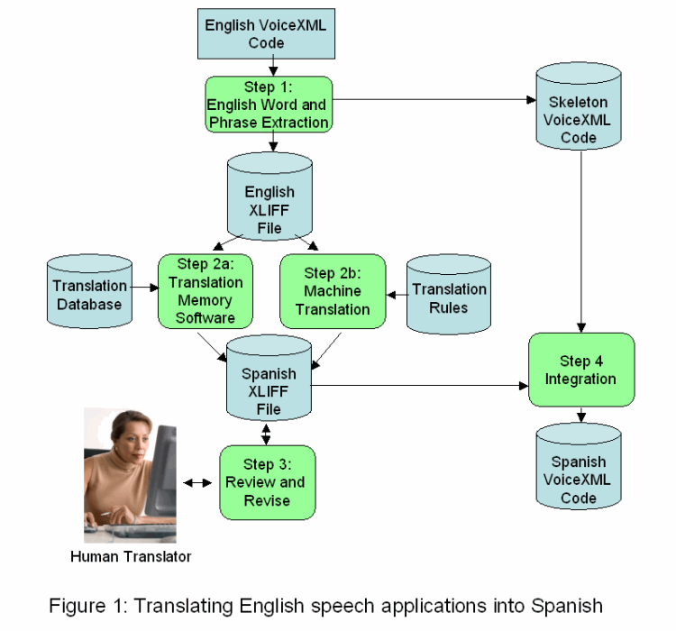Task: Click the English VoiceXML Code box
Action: pyautogui.click(x=266, y=33)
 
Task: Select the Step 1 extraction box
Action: pyautogui.click(x=269, y=104)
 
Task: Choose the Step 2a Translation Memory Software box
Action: pyautogui.click(x=205, y=290)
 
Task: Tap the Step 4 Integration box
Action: pyautogui.click(x=580, y=370)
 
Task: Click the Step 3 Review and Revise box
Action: pyautogui.click(x=267, y=481)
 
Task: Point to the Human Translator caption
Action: pyautogui.click(x=131, y=556)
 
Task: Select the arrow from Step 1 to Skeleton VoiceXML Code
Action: pyautogui.click(x=433, y=100)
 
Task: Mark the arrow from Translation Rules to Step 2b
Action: pyautogui.click(x=397, y=292)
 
